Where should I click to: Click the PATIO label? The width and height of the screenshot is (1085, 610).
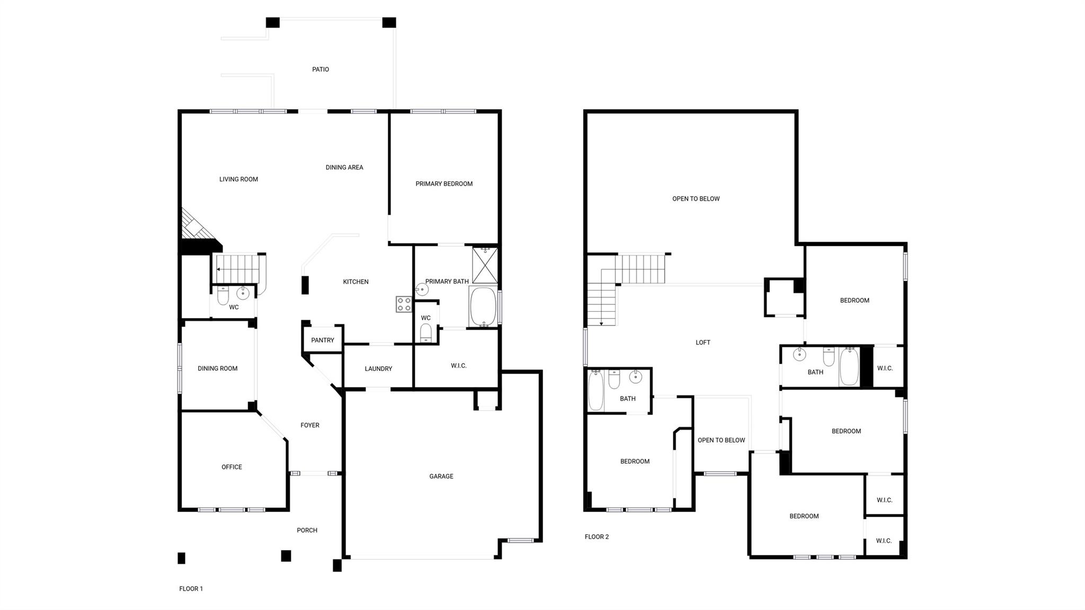coord(321,69)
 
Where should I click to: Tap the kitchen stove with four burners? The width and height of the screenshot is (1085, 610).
coord(404,304)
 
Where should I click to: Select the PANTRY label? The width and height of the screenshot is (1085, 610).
coord(323,340)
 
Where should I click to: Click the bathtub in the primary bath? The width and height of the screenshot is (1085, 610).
coord(483,306)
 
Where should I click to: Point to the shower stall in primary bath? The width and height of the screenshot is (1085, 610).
coord(485,264)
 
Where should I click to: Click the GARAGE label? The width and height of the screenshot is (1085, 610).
coord(441,476)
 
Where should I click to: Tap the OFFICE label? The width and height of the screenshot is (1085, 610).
coord(232,467)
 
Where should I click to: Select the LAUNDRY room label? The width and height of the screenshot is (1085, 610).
coord(378,369)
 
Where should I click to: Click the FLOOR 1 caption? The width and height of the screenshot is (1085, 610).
coord(191,589)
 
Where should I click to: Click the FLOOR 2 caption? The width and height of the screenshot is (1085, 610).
coord(597,537)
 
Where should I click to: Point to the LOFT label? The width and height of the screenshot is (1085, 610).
coord(703,342)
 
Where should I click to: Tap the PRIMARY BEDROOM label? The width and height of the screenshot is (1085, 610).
coord(444,184)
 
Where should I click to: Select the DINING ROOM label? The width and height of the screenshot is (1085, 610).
coord(218,368)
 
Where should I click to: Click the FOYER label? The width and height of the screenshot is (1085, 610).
coord(310,425)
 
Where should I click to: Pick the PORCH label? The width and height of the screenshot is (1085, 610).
coord(307,531)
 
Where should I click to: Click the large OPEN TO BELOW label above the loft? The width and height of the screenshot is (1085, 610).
coord(696,199)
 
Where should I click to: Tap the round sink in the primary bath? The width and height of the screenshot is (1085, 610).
coord(422,289)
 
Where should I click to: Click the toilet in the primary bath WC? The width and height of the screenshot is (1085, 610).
coord(425,332)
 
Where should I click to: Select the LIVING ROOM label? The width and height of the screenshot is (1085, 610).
coord(238,179)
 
